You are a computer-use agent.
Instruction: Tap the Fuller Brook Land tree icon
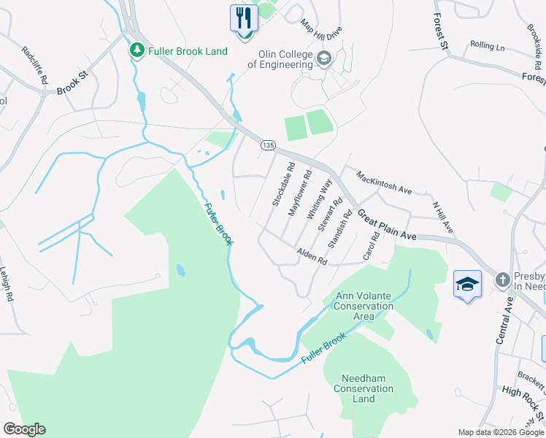[x=136, y=50]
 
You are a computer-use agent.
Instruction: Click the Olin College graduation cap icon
[x=324, y=58]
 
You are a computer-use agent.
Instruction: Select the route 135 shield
[x=268, y=146]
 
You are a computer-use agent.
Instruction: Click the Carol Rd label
[x=376, y=246]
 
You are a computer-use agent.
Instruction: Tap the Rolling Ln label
[x=488, y=46]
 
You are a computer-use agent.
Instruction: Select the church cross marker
[x=503, y=280]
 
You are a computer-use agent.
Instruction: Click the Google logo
[x=24, y=429]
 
